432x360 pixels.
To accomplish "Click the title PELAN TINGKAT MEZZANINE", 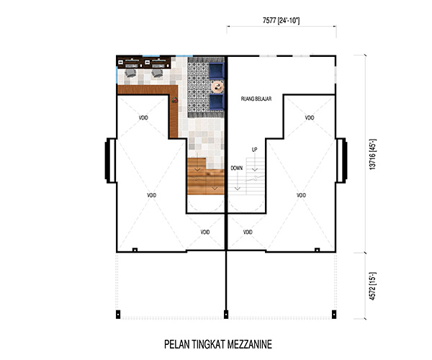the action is click(x=218, y=344).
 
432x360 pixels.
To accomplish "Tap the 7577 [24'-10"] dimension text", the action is click(x=281, y=20).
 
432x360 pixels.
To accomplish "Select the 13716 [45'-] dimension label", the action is click(x=372, y=154).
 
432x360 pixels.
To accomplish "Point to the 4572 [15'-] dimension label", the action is click(x=372, y=286).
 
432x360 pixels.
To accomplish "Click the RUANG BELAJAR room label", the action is click(x=256, y=99).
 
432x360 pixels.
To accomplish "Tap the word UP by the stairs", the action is click(x=254, y=150).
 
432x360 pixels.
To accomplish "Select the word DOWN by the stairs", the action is click(x=237, y=168).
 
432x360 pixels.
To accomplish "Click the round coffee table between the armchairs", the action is click(x=217, y=87).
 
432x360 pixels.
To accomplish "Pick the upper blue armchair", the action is click(x=216, y=71).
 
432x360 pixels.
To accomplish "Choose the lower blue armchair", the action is click(x=216, y=102).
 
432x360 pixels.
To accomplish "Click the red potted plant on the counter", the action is click(x=174, y=100).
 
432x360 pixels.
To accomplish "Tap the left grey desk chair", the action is click(x=130, y=73).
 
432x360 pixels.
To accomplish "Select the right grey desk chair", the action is click(x=157, y=73).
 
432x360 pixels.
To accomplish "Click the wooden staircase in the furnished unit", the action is click(x=205, y=176).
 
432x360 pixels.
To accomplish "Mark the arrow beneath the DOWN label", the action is click(x=238, y=181).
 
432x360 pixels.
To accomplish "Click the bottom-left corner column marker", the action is click(x=118, y=314).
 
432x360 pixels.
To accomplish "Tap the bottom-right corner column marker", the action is click(x=334, y=314).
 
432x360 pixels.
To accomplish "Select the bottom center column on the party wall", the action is click(x=226, y=314).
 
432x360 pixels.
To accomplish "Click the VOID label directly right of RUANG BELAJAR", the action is click(x=310, y=118).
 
